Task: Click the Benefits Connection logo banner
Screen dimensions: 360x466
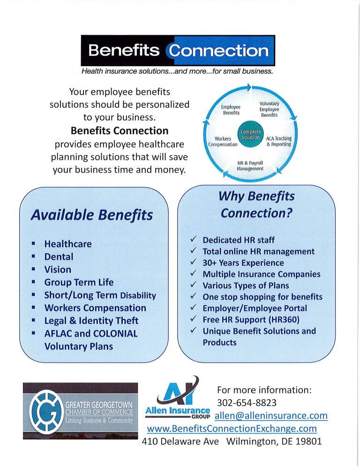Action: coord(178,51)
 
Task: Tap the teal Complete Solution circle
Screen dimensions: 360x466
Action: coord(250,135)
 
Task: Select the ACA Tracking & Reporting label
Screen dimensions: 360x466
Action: coord(279,141)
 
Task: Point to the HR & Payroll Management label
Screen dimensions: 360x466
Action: coord(250,166)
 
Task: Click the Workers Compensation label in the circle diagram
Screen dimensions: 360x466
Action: coord(223,142)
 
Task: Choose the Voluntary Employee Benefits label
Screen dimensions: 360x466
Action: coord(270,109)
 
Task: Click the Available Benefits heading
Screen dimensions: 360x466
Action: coord(92,215)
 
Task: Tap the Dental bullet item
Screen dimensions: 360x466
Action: coord(59,257)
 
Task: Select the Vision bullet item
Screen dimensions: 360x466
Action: coord(58,270)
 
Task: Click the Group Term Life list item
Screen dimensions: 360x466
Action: coord(79,282)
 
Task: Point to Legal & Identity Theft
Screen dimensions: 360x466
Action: coord(91,321)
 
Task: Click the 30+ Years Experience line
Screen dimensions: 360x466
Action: coord(243,263)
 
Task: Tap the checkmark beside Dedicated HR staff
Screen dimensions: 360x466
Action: coord(194,239)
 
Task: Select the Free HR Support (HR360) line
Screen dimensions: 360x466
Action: coord(251,320)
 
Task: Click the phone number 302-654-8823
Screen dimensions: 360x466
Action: coord(247,403)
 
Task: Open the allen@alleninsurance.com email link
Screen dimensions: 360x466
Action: coord(271,415)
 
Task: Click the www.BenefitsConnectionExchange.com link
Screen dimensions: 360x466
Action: coord(232,428)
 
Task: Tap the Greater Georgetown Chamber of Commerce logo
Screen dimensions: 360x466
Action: coord(80,411)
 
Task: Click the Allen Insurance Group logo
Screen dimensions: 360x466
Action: coord(178,398)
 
